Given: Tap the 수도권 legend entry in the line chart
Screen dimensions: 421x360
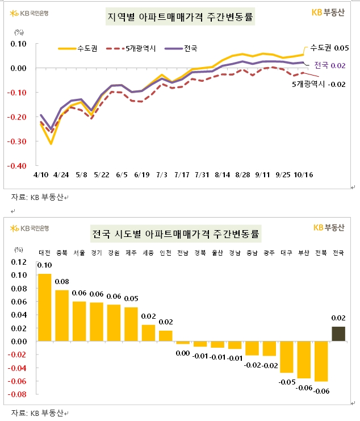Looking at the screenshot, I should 78,49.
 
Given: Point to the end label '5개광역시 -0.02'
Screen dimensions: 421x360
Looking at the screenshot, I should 318,84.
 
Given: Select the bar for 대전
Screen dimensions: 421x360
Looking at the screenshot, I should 44,307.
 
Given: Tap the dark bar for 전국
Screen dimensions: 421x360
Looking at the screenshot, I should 338,334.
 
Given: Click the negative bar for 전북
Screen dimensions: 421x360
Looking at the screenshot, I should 321,361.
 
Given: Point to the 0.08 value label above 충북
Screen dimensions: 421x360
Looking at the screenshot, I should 62,282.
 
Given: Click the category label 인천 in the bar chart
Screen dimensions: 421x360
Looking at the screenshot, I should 165,253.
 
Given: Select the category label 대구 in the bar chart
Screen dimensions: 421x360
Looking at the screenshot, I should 286,253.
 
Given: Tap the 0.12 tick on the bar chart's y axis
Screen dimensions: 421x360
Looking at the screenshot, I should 19,262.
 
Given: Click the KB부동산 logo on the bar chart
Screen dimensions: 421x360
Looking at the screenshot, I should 329,228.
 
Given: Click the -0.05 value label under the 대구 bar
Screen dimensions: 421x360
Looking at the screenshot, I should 286,382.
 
